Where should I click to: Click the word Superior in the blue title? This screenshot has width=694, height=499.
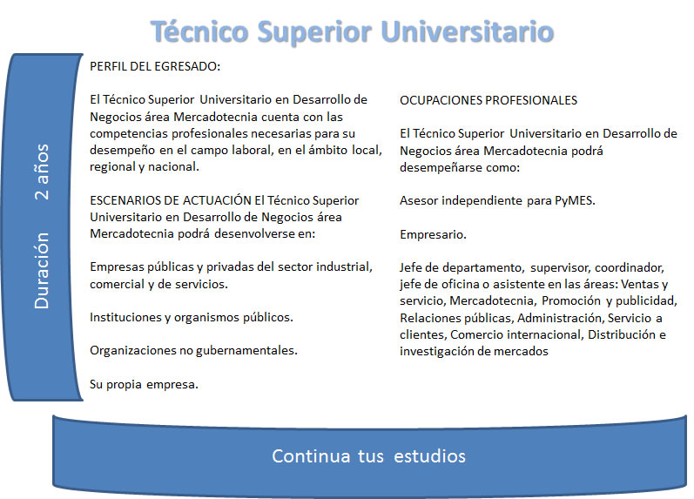(x=314, y=33)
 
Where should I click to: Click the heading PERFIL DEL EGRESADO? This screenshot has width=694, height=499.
(x=155, y=66)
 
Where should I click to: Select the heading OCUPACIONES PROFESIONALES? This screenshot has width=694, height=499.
(x=488, y=100)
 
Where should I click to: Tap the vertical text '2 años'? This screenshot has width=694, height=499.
(x=43, y=172)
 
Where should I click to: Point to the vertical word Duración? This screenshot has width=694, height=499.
(x=43, y=271)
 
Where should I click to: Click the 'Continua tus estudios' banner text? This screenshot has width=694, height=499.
(x=368, y=456)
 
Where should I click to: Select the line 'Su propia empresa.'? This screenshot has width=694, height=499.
(x=144, y=384)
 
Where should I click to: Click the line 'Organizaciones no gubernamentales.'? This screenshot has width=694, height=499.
(x=193, y=351)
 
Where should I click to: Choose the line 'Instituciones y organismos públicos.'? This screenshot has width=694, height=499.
(x=192, y=318)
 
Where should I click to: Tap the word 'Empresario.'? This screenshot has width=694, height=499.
(x=433, y=234)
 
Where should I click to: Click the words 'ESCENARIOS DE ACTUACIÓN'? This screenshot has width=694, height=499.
(x=171, y=200)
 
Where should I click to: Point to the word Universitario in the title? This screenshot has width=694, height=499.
(x=467, y=32)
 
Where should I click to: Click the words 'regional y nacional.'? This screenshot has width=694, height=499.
(x=145, y=167)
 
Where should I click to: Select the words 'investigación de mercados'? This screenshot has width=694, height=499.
(x=474, y=352)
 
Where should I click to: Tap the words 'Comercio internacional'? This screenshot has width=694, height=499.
(x=515, y=334)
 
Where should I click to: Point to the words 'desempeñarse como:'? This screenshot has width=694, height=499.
(x=460, y=168)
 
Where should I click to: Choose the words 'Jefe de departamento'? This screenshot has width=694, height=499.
(x=462, y=268)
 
